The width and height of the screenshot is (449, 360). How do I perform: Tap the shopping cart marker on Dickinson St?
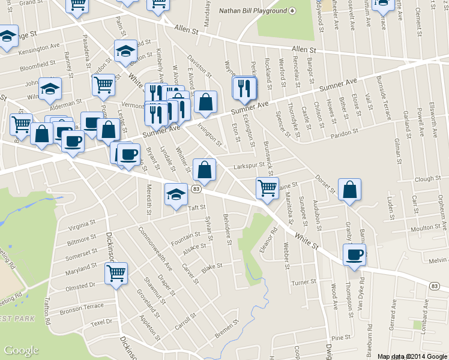(116, 273)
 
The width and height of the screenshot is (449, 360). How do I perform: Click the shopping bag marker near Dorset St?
(349, 190)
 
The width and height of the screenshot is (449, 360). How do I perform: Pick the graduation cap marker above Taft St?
(176, 194)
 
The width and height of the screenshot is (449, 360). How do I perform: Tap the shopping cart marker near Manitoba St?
(267, 188)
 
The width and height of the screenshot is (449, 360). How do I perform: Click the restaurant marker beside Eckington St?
(245, 89)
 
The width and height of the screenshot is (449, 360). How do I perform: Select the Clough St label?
(427, 179)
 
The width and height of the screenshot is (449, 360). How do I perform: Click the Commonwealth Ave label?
(155, 248)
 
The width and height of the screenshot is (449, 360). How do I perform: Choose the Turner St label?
(304, 282)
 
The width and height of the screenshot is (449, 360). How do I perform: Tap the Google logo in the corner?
(21, 350)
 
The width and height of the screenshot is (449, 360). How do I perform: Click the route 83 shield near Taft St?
(196, 189)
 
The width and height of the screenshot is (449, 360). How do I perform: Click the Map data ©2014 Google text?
(411, 356)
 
